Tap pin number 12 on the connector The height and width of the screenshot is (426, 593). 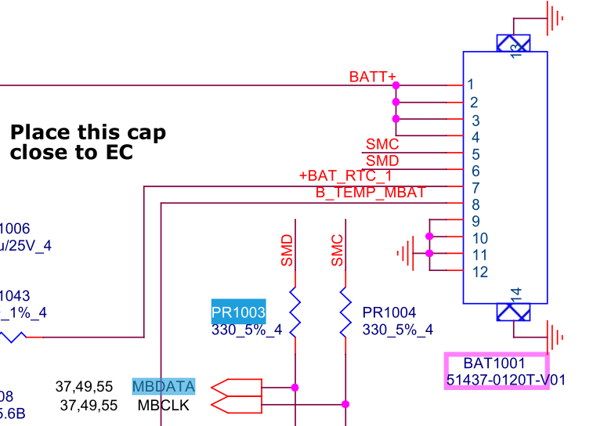click(479, 272)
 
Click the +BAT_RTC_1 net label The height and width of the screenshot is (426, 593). click(345, 175)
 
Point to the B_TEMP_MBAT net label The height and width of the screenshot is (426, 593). click(371, 192)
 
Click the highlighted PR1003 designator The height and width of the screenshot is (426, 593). click(239, 312)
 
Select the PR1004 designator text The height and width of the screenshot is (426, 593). click(389, 312)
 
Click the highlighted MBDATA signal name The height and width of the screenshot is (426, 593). click(164, 386)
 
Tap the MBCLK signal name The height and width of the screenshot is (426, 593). click(163, 406)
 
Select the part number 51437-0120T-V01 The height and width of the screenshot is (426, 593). click(497, 381)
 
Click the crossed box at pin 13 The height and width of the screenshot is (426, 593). click(514, 43)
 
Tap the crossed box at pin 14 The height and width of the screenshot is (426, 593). click(514, 312)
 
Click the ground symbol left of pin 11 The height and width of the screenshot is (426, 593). click(404, 254)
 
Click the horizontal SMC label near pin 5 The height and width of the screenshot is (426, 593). click(382, 144)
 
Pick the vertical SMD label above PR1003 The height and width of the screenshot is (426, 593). click(287, 251)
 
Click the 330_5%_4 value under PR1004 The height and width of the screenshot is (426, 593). click(397, 330)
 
